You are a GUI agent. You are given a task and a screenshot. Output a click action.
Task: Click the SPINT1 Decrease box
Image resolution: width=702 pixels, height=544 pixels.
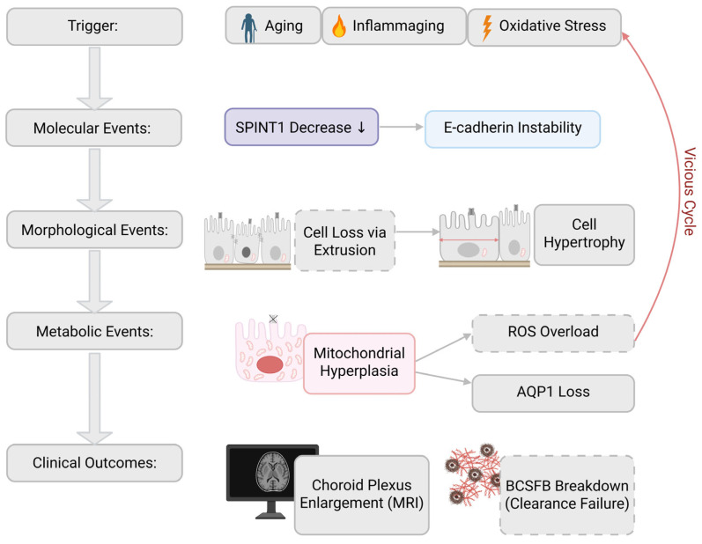[301, 127]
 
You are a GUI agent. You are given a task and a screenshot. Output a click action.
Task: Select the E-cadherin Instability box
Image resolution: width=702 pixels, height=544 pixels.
[513, 129]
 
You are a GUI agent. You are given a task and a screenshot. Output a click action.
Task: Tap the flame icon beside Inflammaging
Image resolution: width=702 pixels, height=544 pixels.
[339, 26]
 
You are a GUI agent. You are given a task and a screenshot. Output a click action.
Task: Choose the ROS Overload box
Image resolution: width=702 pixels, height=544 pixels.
[553, 333]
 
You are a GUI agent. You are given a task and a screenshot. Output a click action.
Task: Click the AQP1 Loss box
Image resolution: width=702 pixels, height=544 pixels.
[553, 393]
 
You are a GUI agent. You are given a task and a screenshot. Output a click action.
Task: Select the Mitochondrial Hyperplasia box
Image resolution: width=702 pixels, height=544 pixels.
[359, 364]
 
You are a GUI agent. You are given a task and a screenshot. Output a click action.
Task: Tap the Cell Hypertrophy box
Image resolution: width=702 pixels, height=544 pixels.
[584, 234]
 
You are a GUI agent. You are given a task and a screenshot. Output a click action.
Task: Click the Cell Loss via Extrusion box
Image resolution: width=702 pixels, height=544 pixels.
[344, 240]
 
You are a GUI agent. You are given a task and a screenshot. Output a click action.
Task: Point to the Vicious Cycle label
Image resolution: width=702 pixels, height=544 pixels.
[690, 192]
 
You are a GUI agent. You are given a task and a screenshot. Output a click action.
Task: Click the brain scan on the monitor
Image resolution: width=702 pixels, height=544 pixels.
[272, 472]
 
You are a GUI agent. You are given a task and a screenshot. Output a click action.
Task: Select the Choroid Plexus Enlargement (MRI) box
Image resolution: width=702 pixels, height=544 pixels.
[362, 495]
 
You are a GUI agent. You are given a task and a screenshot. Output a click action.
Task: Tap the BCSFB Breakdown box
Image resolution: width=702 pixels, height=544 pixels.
[566, 495]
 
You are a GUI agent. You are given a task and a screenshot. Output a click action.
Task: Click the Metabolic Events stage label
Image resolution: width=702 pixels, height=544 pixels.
[94, 331]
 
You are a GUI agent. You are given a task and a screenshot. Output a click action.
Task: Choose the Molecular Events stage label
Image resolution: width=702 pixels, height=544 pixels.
[93, 128]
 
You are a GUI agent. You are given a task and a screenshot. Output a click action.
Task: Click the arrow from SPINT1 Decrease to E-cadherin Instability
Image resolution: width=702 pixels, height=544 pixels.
[402, 127]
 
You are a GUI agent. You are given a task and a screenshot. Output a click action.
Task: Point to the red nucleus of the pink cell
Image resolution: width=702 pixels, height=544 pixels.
[270, 364]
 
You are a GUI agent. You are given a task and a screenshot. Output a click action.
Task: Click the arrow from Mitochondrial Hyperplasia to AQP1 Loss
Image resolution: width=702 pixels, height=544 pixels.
[443, 378]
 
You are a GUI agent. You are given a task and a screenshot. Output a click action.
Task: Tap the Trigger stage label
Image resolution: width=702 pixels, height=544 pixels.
[94, 26]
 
